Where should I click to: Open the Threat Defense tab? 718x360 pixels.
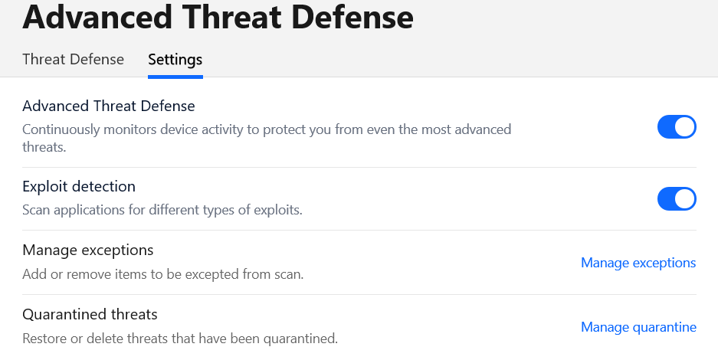click(x=74, y=60)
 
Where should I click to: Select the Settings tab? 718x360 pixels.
click(x=175, y=60)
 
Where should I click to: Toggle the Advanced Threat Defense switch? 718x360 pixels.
click(x=677, y=126)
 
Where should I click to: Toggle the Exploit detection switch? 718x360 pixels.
click(x=677, y=198)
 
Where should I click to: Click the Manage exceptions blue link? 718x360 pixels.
click(x=638, y=263)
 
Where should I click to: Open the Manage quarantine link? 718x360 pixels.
click(x=639, y=327)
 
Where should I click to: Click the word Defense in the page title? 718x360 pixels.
click(x=352, y=17)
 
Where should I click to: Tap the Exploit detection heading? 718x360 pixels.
click(x=79, y=186)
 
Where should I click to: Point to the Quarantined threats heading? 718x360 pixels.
click(x=90, y=314)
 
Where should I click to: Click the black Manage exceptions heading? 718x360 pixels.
click(x=88, y=250)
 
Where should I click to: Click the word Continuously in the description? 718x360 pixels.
click(x=61, y=129)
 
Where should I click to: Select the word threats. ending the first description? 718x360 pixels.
click(x=44, y=147)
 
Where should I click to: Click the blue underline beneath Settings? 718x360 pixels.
click(x=175, y=77)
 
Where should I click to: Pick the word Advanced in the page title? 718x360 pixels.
click(x=97, y=17)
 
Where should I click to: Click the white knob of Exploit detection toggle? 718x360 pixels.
click(x=684, y=198)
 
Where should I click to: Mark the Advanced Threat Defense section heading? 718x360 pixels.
click(x=109, y=106)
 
